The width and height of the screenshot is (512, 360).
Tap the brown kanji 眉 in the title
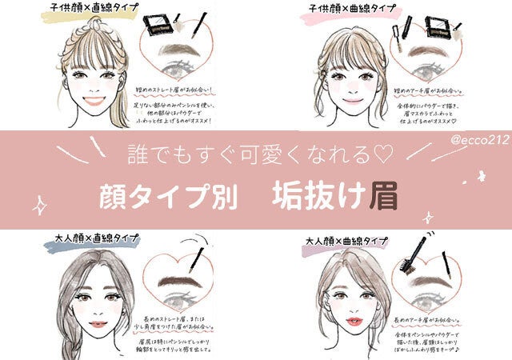point(382,194)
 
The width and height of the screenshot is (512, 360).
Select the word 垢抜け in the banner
point(318,195)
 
